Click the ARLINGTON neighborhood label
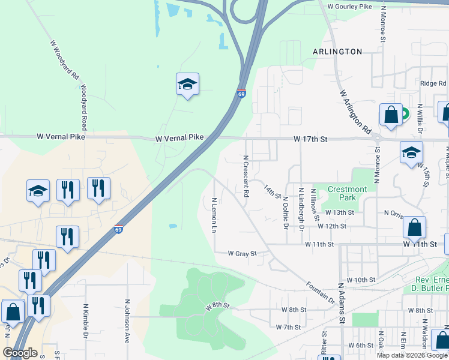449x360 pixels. (337, 52)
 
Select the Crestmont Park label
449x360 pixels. (347, 193)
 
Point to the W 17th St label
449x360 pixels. (310, 139)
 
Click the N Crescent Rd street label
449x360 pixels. (246, 176)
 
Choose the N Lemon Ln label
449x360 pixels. (214, 214)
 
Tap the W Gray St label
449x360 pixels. (242, 254)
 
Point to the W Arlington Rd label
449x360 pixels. (356, 112)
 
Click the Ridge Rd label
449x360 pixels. (433, 84)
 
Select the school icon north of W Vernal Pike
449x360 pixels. (187, 85)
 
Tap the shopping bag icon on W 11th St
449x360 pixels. (414, 227)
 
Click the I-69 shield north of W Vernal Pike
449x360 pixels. (241, 94)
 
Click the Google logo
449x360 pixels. (20, 352)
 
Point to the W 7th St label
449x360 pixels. (288, 327)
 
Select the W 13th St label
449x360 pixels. (340, 212)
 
